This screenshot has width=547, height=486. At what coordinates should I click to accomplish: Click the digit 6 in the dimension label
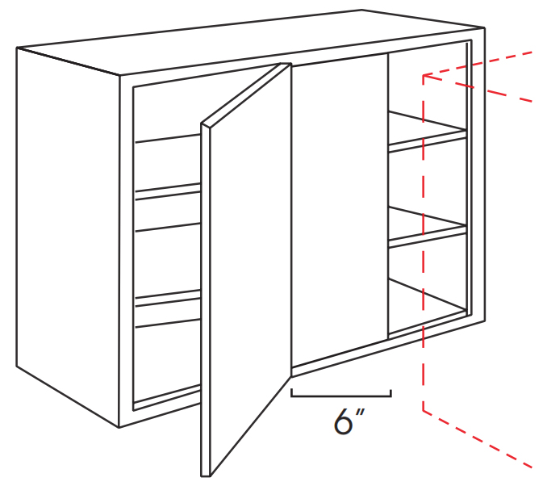click(343, 421)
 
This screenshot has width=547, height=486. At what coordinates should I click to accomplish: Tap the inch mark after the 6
click(360, 413)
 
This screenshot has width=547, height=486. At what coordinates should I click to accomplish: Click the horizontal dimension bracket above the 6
click(341, 396)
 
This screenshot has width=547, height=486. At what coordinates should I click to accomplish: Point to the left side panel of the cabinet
click(68, 237)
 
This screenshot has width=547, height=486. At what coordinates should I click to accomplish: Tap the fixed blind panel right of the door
click(340, 209)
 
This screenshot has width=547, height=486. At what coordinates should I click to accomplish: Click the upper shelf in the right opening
click(428, 132)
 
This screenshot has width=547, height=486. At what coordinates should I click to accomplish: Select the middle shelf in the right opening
click(428, 227)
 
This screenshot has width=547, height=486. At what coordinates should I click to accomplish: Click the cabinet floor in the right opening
click(428, 308)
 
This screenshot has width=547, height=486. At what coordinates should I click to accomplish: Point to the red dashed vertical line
click(423, 243)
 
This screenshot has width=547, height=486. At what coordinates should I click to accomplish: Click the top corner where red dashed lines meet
click(423, 75)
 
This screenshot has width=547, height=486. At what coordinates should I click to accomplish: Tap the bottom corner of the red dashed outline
click(423, 411)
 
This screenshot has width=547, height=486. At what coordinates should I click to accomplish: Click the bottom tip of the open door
click(206, 476)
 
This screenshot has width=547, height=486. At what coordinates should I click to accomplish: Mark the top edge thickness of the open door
click(246, 94)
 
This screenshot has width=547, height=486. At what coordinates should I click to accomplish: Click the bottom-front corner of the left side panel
click(119, 427)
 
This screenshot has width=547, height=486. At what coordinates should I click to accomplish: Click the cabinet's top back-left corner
click(17, 48)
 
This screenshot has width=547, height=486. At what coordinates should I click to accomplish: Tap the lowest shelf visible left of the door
click(168, 308)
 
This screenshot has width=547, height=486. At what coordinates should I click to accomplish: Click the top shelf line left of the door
click(168, 138)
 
